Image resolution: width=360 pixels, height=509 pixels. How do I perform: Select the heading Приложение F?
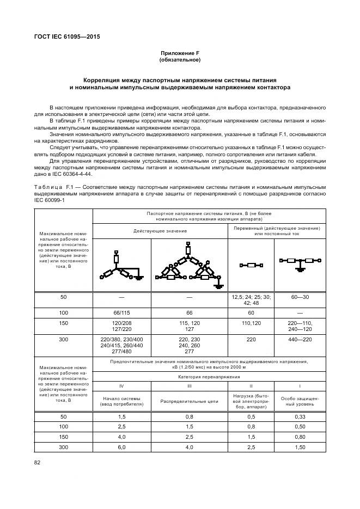pyautogui.click(x=180, y=53)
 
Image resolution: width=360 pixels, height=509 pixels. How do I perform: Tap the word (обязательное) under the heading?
pyautogui.click(x=180, y=60)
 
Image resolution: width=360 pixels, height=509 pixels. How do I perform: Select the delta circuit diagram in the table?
pyautogui.click(x=189, y=267)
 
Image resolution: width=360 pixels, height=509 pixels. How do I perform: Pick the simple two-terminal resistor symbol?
pyautogui.click(x=252, y=265)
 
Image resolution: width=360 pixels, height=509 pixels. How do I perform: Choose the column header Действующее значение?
pyautogui.click(x=161, y=230)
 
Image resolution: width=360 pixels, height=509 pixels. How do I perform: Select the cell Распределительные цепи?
pyautogui.click(x=189, y=401)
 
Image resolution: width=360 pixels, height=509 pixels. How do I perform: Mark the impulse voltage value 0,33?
pyautogui.click(x=301, y=416)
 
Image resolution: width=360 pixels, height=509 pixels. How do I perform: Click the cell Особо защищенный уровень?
pyautogui.click(x=301, y=401)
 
